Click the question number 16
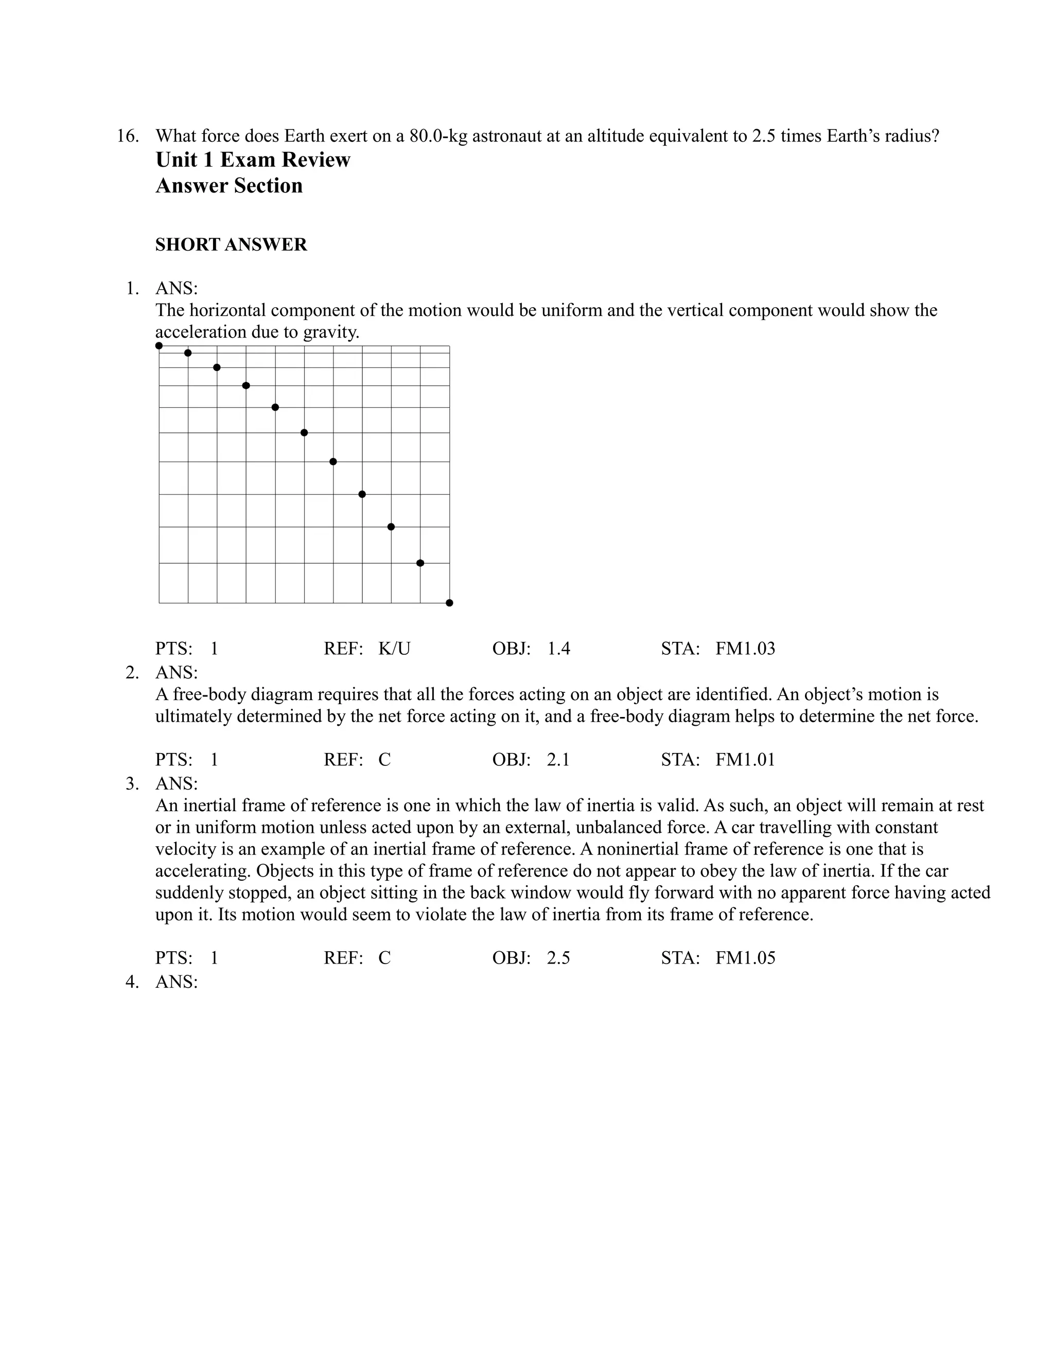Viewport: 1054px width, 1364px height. [128, 135]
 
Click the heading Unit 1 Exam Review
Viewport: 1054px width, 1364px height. [252, 160]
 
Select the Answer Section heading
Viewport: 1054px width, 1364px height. [229, 185]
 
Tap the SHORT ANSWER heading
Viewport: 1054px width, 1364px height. [231, 245]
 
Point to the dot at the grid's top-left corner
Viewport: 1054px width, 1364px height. [159, 345]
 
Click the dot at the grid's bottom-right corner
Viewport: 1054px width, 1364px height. [450, 603]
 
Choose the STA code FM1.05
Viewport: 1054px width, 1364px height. [745, 958]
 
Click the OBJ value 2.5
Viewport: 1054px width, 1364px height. [558, 958]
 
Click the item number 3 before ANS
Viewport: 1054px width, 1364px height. [132, 783]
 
